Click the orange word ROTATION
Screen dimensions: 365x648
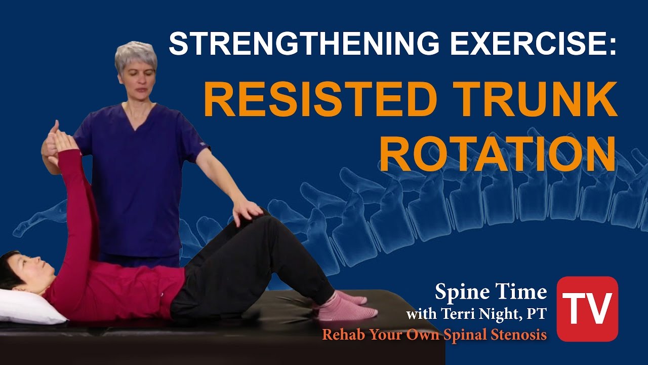498,152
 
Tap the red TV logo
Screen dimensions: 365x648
587,308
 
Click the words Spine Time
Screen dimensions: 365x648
491,292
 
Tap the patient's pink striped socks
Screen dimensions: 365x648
347,306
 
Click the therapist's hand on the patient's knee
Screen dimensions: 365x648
247,210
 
